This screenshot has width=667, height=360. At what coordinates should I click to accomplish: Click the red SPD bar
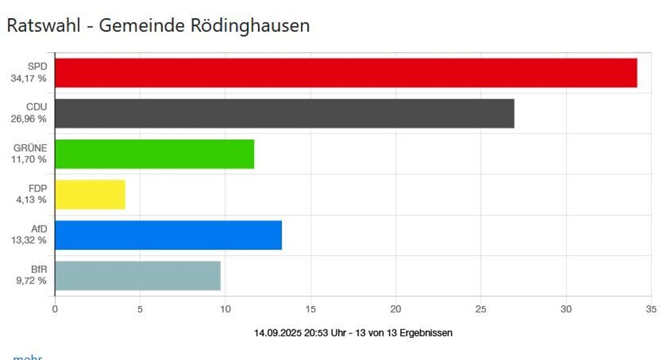(345, 73)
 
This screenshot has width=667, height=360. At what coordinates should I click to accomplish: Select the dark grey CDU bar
(284, 113)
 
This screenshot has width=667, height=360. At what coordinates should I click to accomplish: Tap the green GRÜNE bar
(154, 154)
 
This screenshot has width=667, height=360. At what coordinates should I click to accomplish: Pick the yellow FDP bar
(90, 195)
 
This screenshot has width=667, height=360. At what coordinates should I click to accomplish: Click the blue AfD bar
(168, 235)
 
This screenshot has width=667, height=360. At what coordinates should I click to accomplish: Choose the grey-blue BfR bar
(137, 275)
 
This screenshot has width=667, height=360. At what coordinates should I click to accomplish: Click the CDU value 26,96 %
(29, 118)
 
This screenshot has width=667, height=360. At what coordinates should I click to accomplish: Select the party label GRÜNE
(31, 148)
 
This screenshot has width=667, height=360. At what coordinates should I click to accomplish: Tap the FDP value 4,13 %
(31, 199)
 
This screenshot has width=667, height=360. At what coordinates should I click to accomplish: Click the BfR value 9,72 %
(31, 281)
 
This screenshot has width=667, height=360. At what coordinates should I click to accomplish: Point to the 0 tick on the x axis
(55, 309)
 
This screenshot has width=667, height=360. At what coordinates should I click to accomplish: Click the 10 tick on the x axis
(225, 309)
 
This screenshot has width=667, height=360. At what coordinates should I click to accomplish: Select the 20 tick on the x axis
(395, 309)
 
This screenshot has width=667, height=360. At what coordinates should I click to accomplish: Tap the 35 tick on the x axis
(650, 309)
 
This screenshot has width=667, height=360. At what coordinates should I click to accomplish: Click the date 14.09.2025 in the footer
(277, 333)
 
